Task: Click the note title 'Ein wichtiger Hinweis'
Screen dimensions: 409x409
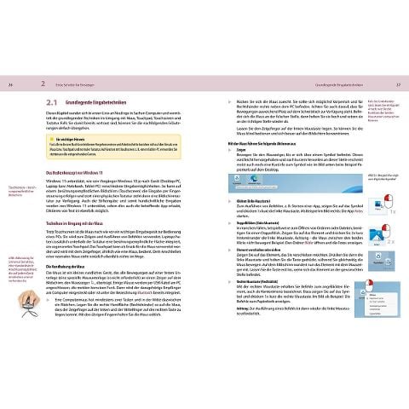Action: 87,135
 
